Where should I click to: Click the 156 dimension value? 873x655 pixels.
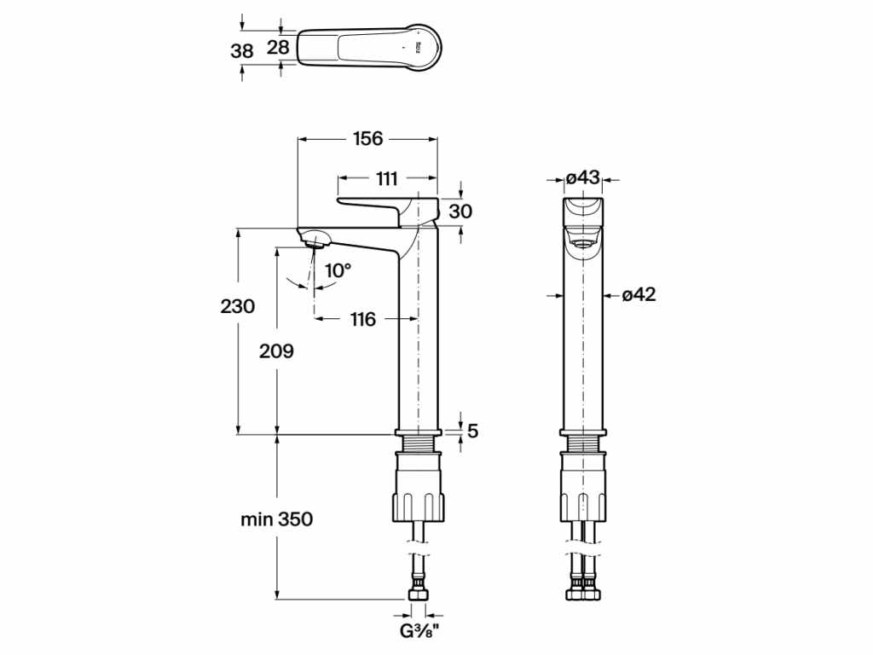tap(367, 138)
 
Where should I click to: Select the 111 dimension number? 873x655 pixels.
tap(386, 178)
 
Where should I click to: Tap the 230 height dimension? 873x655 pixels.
tap(238, 306)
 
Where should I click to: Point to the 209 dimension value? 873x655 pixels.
tap(276, 351)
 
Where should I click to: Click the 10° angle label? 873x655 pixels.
tap(338, 270)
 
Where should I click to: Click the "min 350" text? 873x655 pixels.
tap(276, 519)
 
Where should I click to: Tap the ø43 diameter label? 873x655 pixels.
tap(583, 178)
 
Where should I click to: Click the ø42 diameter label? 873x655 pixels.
tap(639, 295)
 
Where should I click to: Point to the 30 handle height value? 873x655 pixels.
tap(460, 211)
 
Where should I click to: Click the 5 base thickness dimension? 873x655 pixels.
tap(473, 432)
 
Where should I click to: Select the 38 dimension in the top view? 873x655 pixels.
tap(242, 50)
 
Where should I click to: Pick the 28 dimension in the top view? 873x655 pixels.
tap(278, 47)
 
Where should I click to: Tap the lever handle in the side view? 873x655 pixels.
tap(372, 208)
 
